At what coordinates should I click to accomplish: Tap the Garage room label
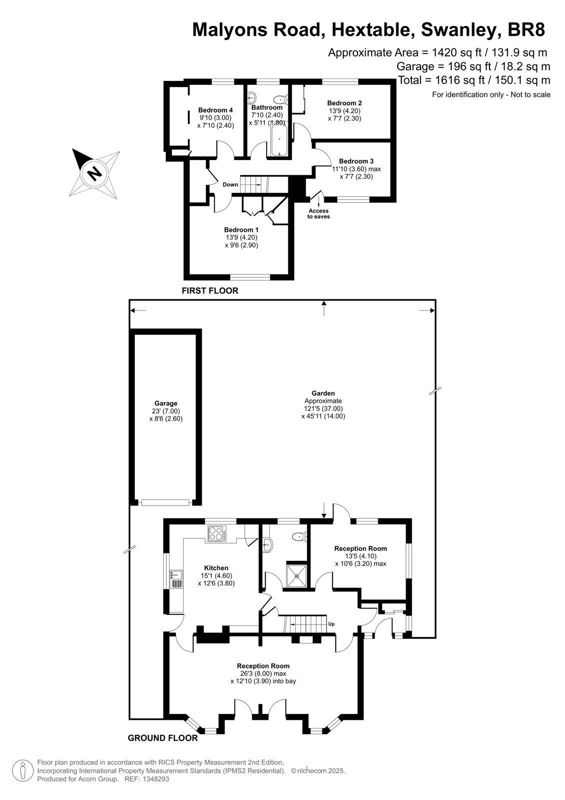166,403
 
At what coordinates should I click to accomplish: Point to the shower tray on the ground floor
296,575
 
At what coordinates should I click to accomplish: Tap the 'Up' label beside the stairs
331,624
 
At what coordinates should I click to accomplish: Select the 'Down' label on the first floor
230,184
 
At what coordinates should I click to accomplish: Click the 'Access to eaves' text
318,213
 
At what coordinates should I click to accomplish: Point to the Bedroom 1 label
241,229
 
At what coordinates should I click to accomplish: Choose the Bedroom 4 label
216,110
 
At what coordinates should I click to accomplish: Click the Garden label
323,393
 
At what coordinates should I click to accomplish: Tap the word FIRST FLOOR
210,290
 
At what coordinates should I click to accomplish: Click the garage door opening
165,502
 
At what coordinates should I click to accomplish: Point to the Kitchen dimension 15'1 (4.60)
216,575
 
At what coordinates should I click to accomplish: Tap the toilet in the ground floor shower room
299,536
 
